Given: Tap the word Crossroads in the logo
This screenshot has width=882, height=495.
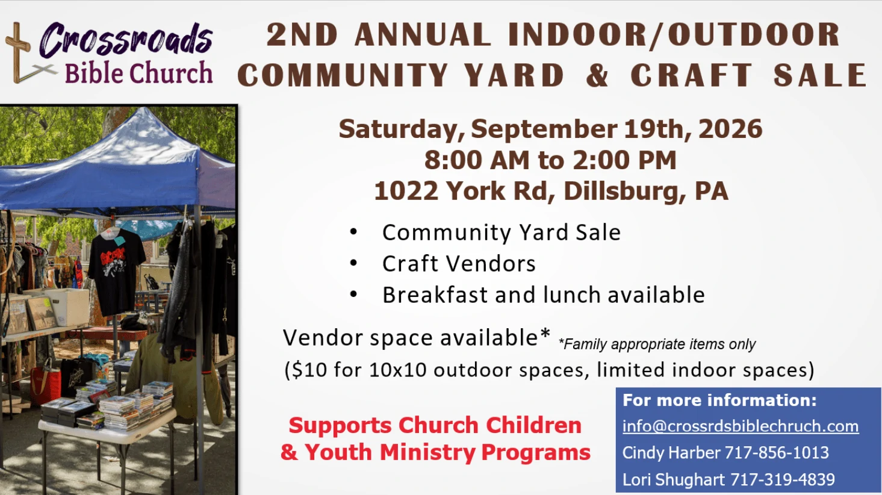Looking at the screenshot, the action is point(126,40).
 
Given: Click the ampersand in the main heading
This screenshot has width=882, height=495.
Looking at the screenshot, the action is point(597,75).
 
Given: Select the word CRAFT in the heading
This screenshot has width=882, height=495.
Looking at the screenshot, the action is point(691,75).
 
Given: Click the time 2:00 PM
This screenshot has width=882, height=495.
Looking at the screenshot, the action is point(624,160).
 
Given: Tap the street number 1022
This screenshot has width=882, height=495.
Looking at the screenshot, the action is point(406,191).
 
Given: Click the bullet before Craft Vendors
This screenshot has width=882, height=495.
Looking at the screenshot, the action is point(353,263).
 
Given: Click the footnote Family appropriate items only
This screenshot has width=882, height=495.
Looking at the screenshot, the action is point(657,344).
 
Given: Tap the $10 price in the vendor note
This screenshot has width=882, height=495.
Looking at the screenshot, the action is point(309,370).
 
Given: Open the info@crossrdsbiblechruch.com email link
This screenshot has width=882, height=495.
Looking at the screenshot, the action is point(741,426).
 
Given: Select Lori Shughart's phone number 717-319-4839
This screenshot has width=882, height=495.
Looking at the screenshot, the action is point(783,479).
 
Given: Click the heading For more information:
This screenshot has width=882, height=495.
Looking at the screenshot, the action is point(719,400).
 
